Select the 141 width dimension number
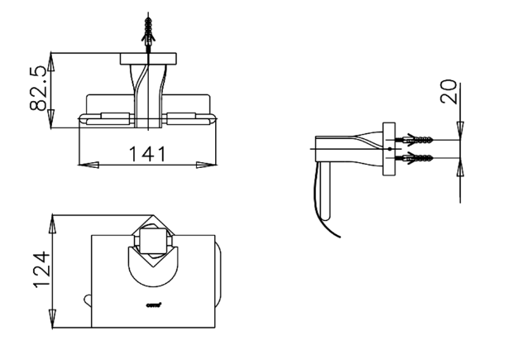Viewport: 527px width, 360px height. coord(147,153)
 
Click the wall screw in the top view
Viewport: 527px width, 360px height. coord(148,34)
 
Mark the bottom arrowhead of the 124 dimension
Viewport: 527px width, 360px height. coord(54,324)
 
